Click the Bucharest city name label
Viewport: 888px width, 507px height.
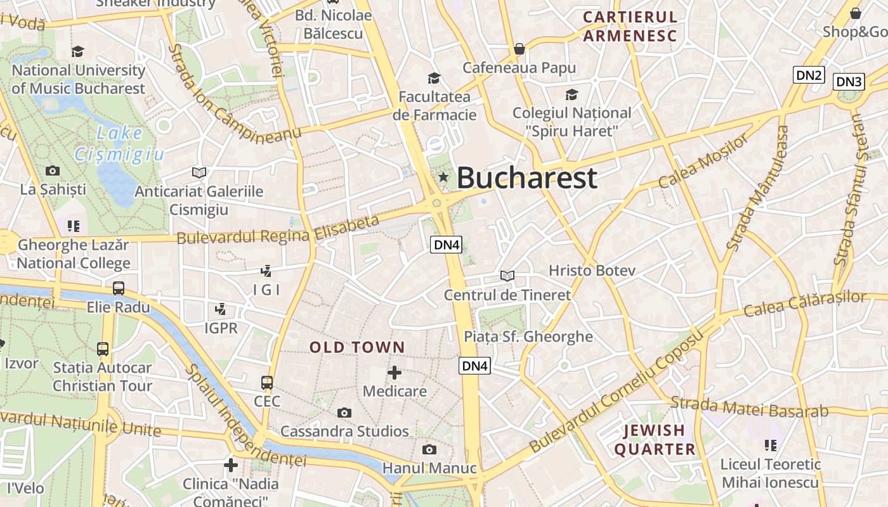(x=526, y=177)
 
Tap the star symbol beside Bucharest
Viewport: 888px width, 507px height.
(x=443, y=177)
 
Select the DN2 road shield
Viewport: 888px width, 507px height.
(x=809, y=75)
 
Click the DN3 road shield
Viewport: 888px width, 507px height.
(x=849, y=81)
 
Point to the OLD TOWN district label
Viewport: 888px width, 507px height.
(x=357, y=347)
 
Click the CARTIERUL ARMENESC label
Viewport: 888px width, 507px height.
(x=630, y=27)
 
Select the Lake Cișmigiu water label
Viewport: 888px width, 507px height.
(x=119, y=144)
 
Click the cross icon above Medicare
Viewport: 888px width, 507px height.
(x=395, y=373)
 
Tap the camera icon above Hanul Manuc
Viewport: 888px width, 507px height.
(x=429, y=450)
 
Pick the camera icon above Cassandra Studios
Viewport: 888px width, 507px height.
(x=344, y=413)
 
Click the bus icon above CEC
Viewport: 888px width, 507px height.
(x=267, y=383)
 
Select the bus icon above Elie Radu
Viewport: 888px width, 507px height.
(x=119, y=288)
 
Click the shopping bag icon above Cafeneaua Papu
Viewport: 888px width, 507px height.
(x=519, y=49)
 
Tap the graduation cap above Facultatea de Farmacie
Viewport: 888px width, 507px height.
(x=434, y=78)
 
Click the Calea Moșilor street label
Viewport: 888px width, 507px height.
(x=704, y=162)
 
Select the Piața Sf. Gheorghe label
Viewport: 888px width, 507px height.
(x=528, y=337)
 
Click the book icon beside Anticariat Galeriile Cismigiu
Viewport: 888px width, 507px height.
(x=199, y=172)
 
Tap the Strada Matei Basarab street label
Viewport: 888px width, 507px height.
(x=749, y=407)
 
